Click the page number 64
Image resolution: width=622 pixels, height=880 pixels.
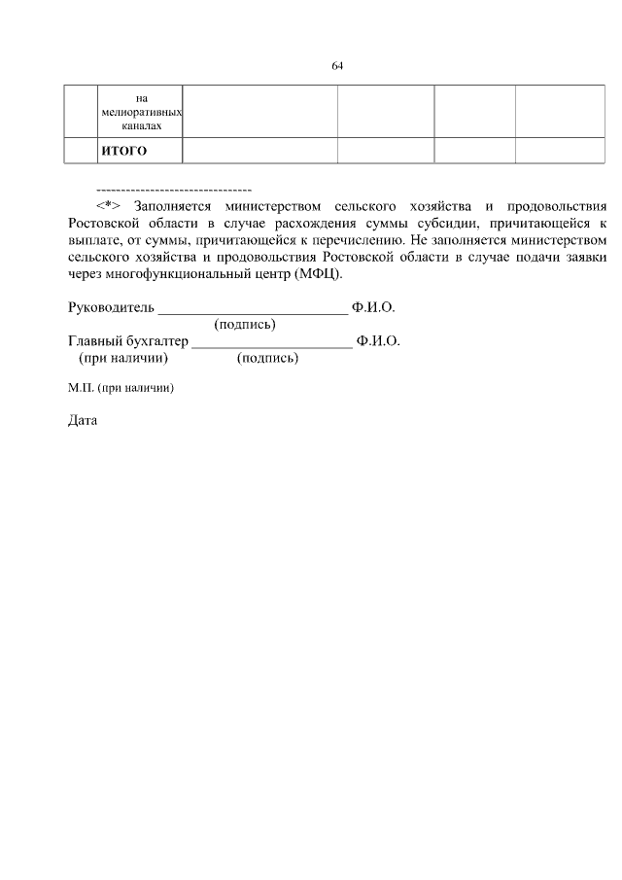pos(337,66)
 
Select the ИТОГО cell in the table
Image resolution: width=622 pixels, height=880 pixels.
pos(124,151)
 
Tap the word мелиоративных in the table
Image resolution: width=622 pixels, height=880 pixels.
pos(141,113)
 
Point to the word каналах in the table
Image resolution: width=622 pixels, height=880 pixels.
pos(141,126)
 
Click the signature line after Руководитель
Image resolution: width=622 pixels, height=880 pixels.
pos(253,311)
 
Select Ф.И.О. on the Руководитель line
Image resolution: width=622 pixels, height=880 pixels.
pos(373,308)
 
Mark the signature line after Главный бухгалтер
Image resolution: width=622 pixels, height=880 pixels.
pos(272,344)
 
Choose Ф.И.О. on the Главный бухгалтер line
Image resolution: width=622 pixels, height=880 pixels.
pos(378,341)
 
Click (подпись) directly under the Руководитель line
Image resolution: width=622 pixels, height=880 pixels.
pos(245,325)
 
